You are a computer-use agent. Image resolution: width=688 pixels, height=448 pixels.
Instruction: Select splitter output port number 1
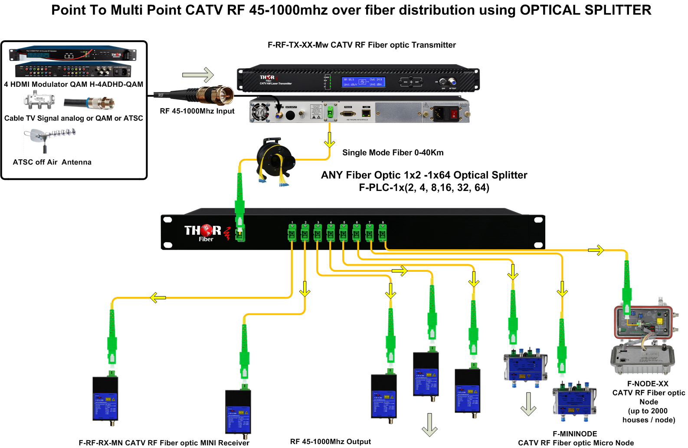click(292, 233)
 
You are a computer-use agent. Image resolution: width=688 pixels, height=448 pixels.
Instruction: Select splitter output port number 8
click(383, 233)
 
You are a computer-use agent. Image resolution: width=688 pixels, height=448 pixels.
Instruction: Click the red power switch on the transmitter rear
click(454, 114)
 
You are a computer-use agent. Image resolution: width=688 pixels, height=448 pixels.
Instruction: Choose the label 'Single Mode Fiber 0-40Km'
click(393, 152)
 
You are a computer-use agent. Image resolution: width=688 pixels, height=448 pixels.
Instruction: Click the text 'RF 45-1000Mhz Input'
click(197, 111)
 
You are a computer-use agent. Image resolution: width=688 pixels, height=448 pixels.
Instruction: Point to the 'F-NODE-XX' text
click(648, 384)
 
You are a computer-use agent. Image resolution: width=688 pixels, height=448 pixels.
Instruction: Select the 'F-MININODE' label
click(575, 434)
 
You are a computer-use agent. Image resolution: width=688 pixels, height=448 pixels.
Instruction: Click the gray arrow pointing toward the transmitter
click(198, 75)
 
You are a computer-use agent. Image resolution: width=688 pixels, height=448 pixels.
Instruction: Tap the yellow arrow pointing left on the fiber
click(158, 298)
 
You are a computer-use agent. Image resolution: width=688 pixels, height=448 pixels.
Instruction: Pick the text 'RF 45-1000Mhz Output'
click(331, 441)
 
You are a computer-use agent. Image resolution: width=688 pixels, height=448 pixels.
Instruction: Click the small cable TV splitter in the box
click(39, 101)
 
